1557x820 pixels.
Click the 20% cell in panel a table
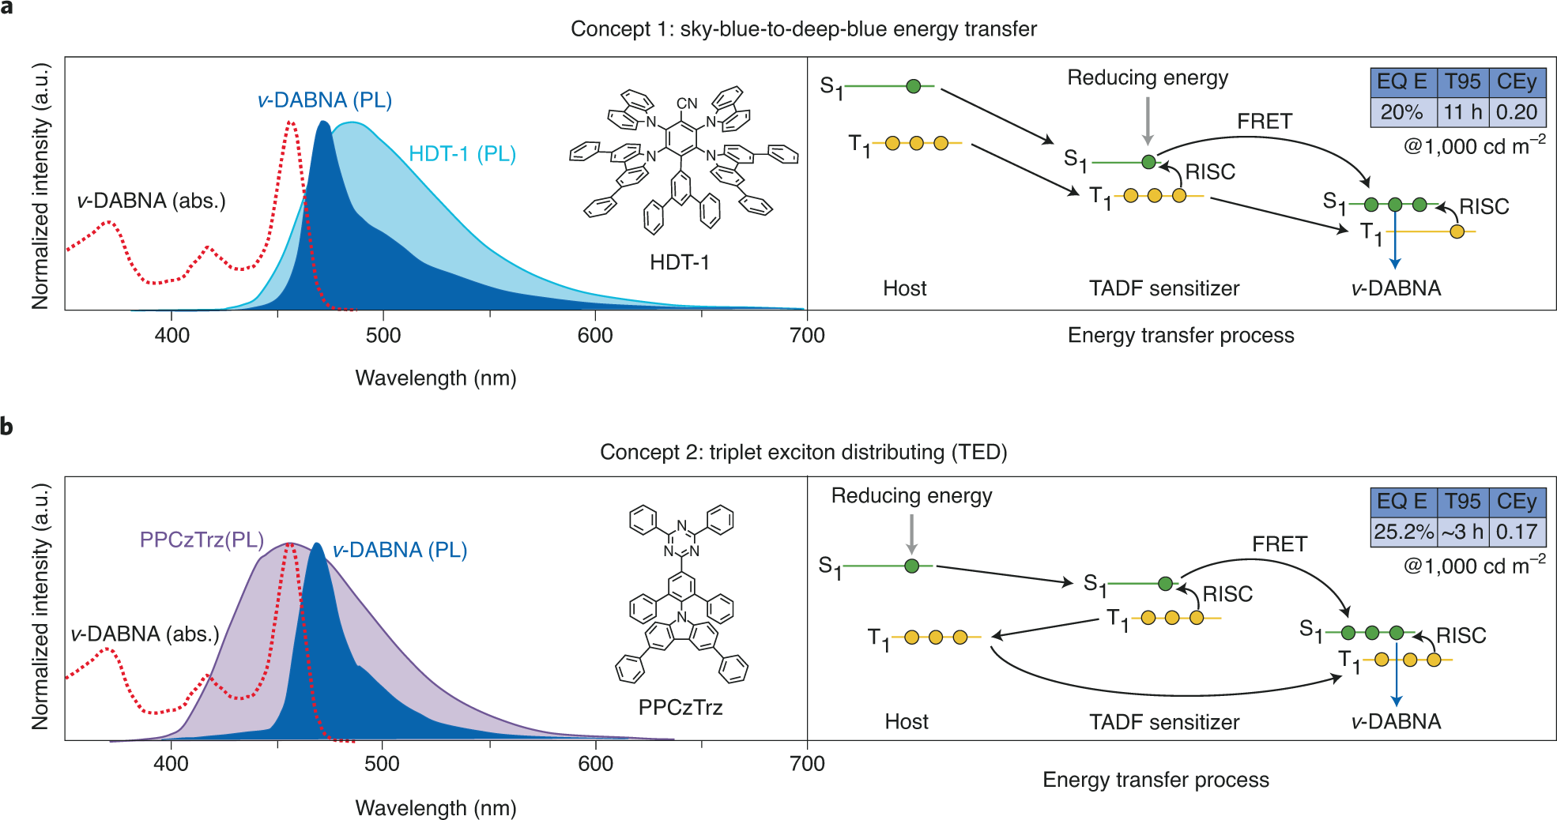click(x=1401, y=112)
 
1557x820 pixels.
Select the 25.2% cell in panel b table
click(x=1403, y=532)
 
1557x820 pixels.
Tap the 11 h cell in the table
click(x=1462, y=112)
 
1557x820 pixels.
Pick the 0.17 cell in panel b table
click(x=1516, y=532)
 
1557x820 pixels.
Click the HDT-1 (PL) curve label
click(x=462, y=154)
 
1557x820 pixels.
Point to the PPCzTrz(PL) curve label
click(x=202, y=540)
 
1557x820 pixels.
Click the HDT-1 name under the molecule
click(x=680, y=262)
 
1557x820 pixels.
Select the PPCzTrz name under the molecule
click(x=680, y=707)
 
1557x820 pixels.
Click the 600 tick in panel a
click(x=595, y=336)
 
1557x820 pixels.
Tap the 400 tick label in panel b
click(x=171, y=764)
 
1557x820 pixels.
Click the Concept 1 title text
click(x=803, y=29)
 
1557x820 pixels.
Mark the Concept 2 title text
click(x=803, y=452)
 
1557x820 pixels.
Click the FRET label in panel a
click(x=1265, y=122)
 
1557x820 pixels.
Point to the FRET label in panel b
click(x=1280, y=544)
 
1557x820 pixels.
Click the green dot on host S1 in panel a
click(x=914, y=86)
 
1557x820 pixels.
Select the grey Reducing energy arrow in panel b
click(x=911, y=533)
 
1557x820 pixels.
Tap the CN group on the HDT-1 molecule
click(x=687, y=103)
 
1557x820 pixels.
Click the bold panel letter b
click(x=7, y=427)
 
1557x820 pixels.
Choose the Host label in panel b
click(x=907, y=721)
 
